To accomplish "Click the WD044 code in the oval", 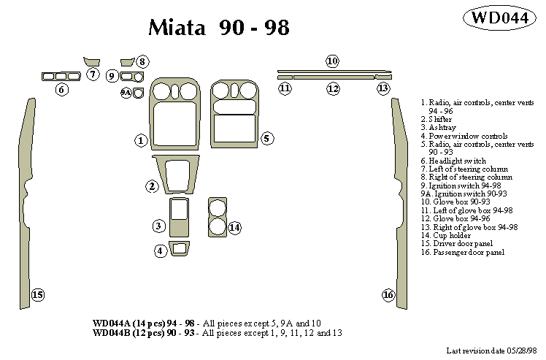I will tap(499, 18).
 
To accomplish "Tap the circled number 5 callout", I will tap(266, 138).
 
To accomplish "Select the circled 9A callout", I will tap(126, 93).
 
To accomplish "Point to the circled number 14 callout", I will tap(234, 228).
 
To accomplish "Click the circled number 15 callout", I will tap(37, 295).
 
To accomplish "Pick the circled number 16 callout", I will tap(388, 295).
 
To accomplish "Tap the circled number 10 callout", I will tap(332, 61).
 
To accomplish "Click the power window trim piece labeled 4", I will tap(178, 249).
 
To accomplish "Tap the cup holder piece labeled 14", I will tap(217, 216).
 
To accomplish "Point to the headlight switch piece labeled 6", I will tap(61, 75).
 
